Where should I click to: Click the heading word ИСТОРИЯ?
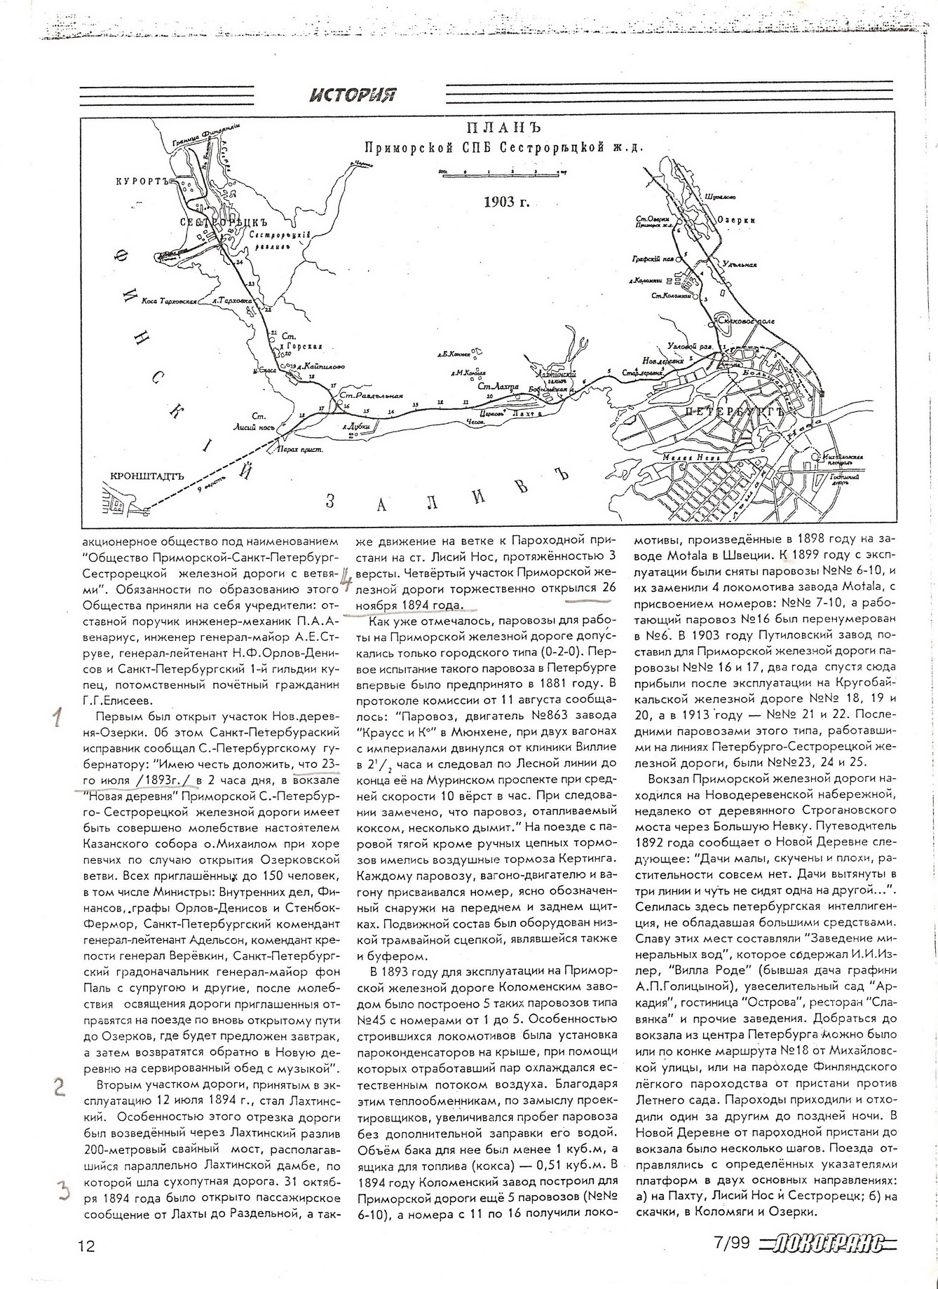tap(353, 94)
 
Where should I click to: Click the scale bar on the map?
tap(502, 172)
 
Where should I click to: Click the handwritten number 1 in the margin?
tap(58, 717)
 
